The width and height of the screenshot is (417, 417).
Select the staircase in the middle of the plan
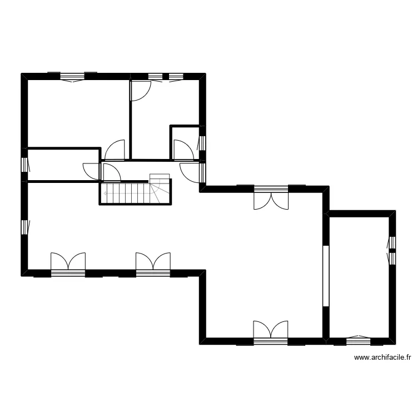point(136,192)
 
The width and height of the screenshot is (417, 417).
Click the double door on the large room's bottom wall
point(271,330)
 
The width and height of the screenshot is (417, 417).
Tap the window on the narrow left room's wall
point(25,165)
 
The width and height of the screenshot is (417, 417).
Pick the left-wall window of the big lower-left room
point(25,226)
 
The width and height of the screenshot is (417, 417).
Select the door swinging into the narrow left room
point(91,170)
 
